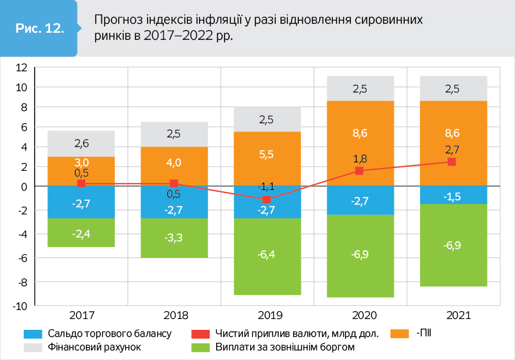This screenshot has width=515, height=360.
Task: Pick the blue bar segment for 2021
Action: click(452, 194)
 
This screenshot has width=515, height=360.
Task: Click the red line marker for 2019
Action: click(267, 200)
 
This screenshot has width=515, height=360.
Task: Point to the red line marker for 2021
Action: click(452, 162)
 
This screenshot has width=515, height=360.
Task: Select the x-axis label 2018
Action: click(174, 316)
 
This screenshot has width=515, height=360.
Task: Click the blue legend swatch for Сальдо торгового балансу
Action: click(33, 334)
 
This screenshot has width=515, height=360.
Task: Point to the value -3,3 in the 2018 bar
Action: click(174, 238)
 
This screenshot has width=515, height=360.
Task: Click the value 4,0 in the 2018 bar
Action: click(174, 162)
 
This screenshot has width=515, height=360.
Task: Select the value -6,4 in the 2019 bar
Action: click(267, 255)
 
